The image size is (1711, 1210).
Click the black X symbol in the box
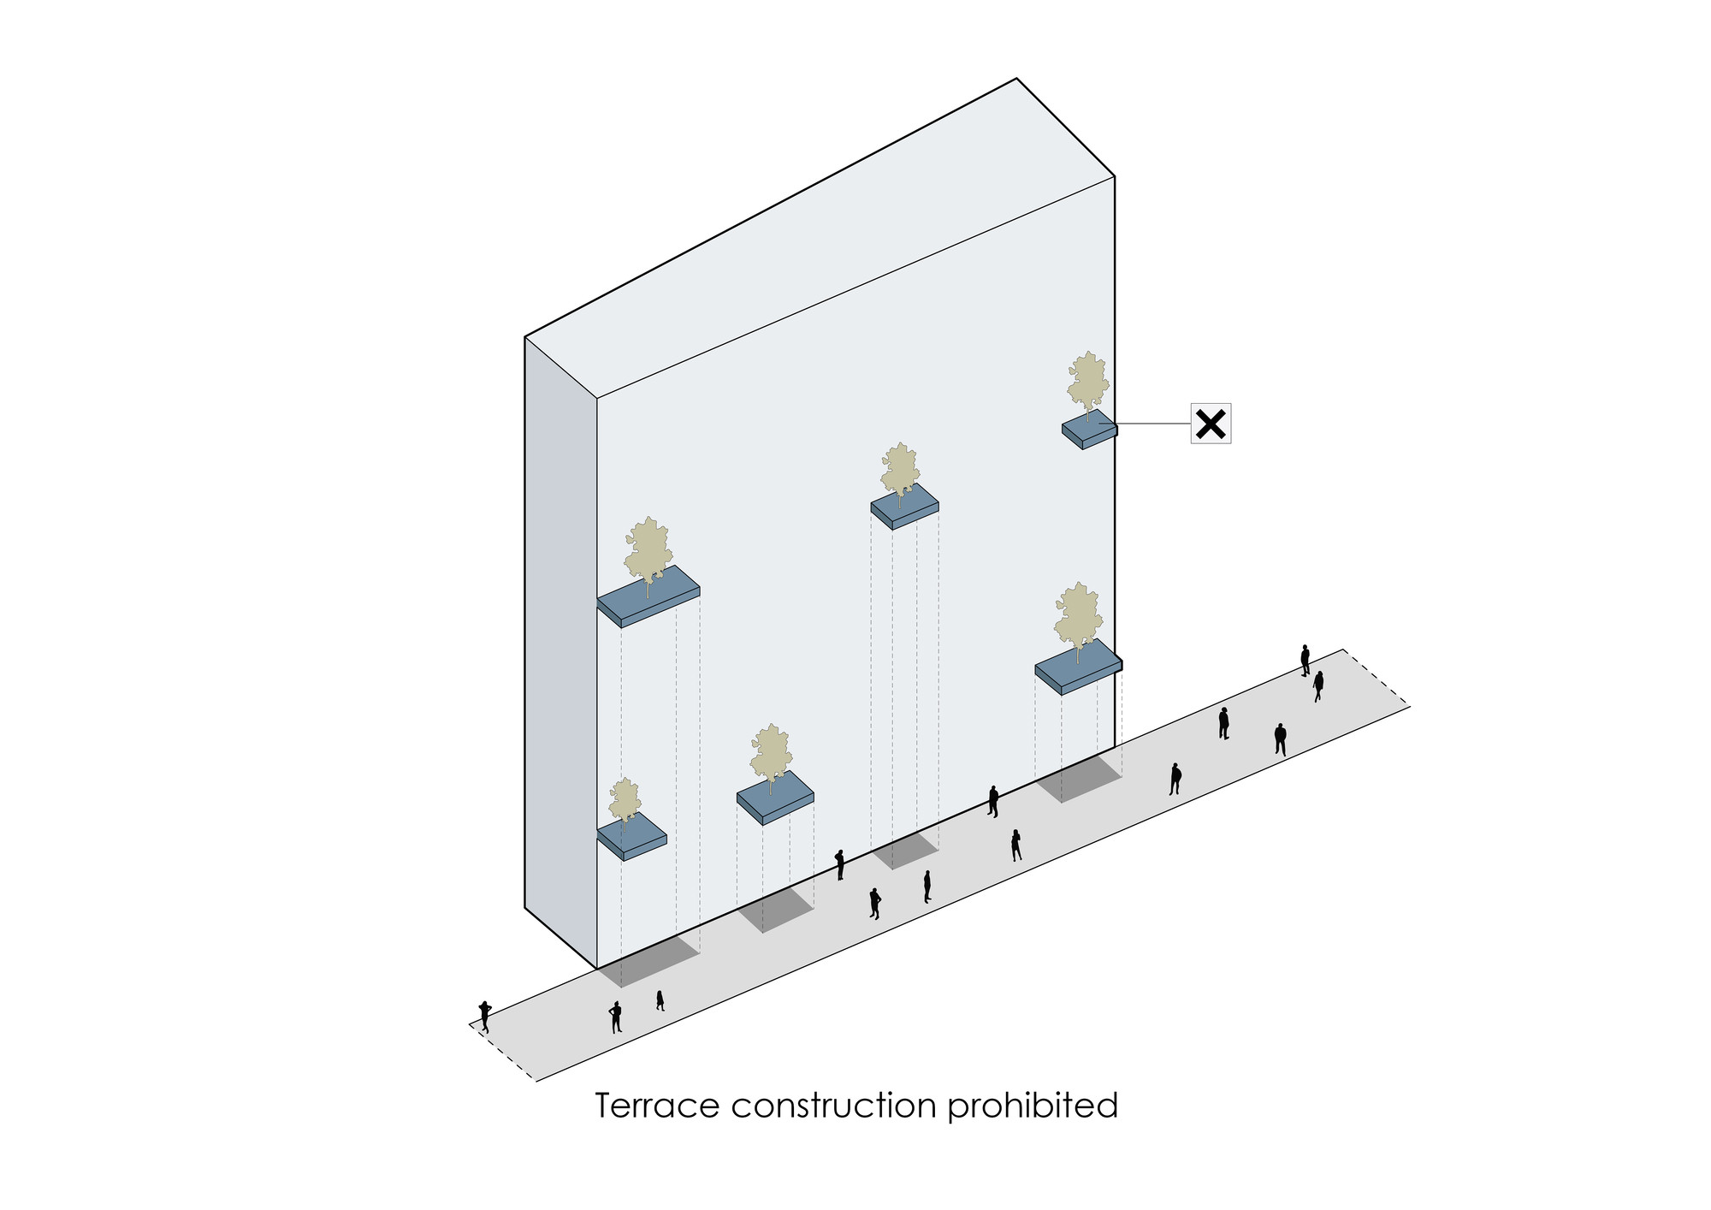(x=1211, y=424)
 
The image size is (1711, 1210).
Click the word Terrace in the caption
(x=657, y=1106)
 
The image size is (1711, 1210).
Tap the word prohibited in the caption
(x=1032, y=1106)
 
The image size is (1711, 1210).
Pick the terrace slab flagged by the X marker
(x=1088, y=430)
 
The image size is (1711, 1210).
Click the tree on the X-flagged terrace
(x=1087, y=383)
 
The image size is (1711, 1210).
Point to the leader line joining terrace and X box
(x=1155, y=424)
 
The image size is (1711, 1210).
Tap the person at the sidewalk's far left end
(x=485, y=1016)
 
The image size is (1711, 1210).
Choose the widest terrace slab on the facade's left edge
(x=648, y=596)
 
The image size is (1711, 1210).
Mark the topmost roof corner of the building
(x=1016, y=80)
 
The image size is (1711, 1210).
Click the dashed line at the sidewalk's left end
(x=503, y=1053)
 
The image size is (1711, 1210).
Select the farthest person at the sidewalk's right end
(x=1305, y=661)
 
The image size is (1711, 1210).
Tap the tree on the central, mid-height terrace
(x=900, y=471)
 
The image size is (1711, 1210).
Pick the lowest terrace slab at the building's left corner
(x=631, y=836)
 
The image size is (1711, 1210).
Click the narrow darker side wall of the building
(x=560, y=650)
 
